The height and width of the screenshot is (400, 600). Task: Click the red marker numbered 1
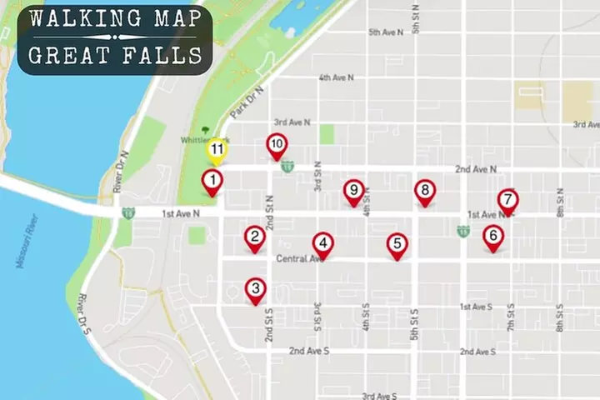click(213, 181)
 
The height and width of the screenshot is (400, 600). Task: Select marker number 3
click(256, 290)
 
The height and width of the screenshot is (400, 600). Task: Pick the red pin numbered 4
click(323, 244)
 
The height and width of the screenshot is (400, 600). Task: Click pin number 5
click(397, 244)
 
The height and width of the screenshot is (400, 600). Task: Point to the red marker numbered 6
click(493, 237)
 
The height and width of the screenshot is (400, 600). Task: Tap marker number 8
click(425, 192)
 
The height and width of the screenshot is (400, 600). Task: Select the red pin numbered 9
click(354, 192)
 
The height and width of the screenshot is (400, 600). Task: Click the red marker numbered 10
click(277, 145)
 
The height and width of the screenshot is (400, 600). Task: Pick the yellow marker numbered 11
click(217, 151)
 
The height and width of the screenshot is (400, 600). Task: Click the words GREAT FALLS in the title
click(115, 55)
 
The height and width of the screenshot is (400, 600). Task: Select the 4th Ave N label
click(336, 77)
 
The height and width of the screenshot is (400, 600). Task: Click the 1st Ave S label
click(476, 307)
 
